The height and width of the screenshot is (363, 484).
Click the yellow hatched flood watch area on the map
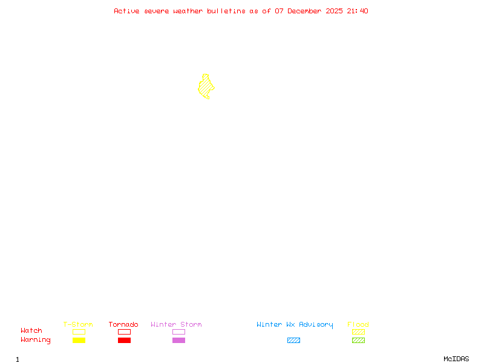tap(206, 87)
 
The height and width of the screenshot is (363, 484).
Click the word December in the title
tap(307, 11)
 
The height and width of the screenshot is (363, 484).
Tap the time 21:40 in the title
tap(358, 11)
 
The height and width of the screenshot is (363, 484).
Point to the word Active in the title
tap(127, 11)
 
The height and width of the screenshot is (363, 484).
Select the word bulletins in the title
tap(227, 11)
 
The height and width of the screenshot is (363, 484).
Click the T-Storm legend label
tap(78, 324)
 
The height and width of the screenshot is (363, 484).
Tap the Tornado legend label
tap(123, 324)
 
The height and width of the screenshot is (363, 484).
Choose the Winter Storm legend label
tap(176, 324)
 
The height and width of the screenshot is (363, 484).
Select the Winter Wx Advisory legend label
tap(295, 324)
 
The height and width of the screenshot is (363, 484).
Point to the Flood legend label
tap(358, 324)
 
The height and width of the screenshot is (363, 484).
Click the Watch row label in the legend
tap(31, 331)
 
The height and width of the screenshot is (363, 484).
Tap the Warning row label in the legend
tap(36, 340)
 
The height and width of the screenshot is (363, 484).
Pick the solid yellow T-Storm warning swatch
tap(79, 341)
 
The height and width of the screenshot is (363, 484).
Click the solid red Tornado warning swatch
tap(124, 341)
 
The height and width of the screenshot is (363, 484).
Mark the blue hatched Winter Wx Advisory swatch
tap(293, 341)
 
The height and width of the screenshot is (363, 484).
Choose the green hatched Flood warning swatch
tap(358, 341)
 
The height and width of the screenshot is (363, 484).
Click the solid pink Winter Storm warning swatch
tap(178, 341)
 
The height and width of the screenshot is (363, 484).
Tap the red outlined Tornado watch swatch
tap(124, 332)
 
